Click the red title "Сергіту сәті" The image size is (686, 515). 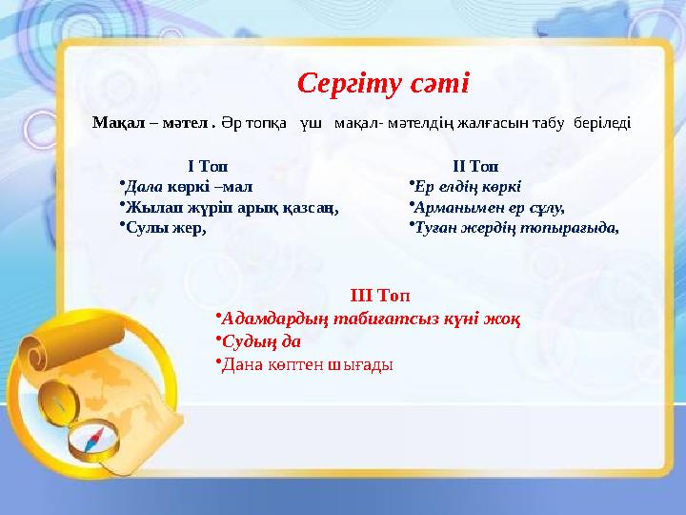[383, 84]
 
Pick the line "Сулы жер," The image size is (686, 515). [166, 227]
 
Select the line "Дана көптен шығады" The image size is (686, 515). [307, 363]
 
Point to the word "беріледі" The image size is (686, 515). [603, 123]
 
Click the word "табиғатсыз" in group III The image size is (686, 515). [419, 318]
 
